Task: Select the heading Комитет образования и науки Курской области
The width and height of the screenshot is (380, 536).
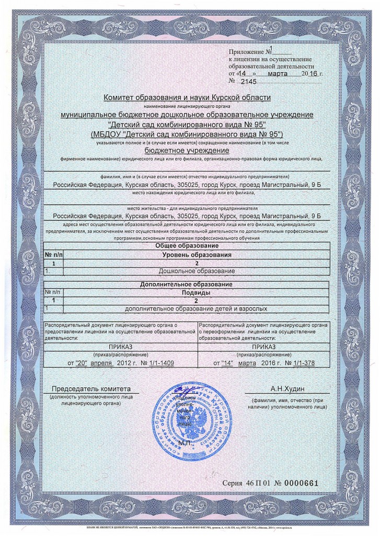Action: point(187,98)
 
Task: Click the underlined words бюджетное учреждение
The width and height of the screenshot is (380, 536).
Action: point(187,150)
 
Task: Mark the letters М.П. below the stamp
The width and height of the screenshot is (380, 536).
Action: point(186,443)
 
